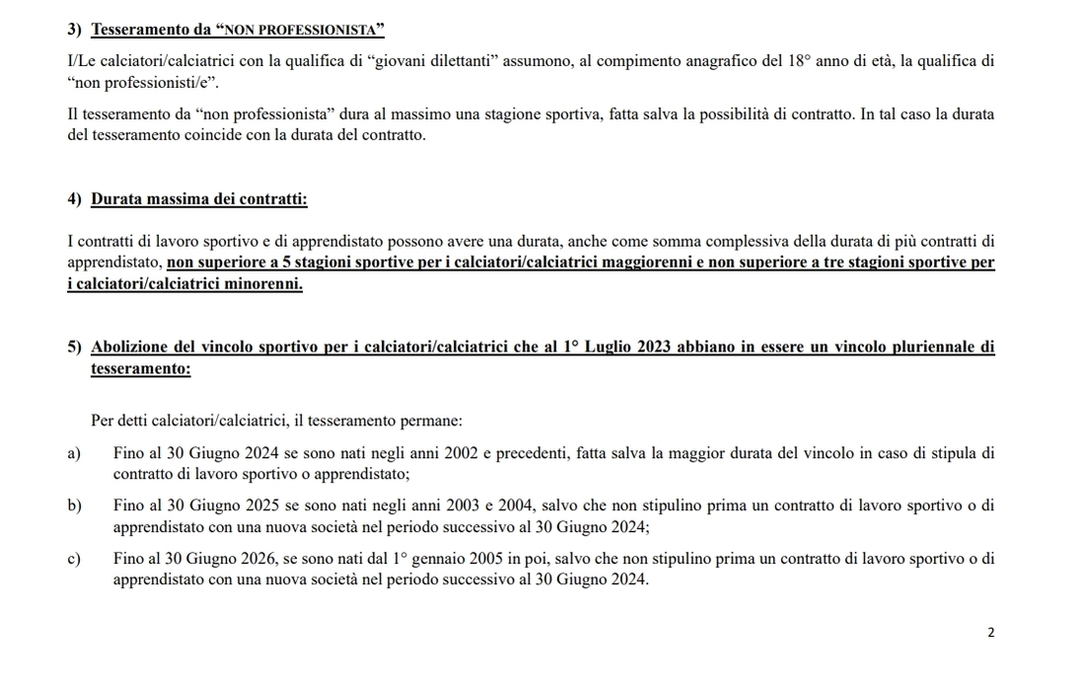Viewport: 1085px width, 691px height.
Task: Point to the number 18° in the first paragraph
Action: coord(800,61)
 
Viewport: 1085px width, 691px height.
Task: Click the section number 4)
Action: coord(75,199)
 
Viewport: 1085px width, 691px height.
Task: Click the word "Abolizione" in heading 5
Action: coord(131,346)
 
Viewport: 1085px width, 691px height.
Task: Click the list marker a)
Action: coord(74,454)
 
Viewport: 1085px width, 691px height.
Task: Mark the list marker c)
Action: coord(74,559)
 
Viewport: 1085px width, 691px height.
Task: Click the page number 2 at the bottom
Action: coord(991,632)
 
